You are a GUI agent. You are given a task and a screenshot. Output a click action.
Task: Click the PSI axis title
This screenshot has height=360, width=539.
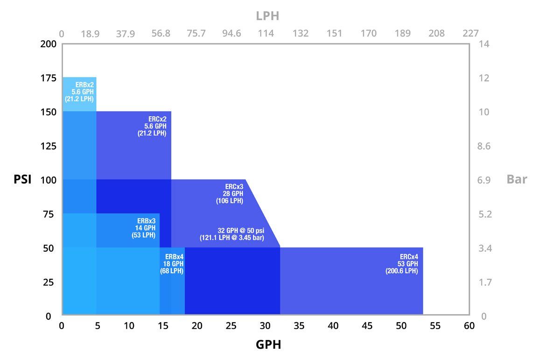(x=22, y=180)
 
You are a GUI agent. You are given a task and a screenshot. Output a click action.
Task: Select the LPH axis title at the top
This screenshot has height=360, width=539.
(x=268, y=16)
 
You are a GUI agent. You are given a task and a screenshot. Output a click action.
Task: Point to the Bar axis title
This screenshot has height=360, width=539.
(x=517, y=180)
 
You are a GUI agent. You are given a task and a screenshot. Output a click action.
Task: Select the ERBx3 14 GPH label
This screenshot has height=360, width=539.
(x=144, y=228)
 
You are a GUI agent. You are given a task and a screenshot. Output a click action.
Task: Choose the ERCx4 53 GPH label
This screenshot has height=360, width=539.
(x=402, y=264)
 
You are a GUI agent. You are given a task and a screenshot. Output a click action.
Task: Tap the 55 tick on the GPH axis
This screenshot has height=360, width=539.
(x=435, y=325)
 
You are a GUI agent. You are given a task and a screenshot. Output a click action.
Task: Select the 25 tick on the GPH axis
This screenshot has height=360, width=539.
(x=231, y=325)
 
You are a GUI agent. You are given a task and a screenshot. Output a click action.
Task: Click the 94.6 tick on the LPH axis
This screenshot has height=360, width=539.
(x=231, y=34)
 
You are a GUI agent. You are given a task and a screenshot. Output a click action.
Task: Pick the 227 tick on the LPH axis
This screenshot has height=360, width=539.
(x=470, y=34)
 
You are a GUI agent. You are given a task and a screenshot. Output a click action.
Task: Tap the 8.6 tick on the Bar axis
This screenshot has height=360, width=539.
(x=484, y=146)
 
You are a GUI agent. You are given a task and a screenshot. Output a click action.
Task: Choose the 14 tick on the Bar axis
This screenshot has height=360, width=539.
(x=484, y=44)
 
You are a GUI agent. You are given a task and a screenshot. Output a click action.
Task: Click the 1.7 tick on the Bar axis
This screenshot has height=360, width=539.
(x=484, y=282)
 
